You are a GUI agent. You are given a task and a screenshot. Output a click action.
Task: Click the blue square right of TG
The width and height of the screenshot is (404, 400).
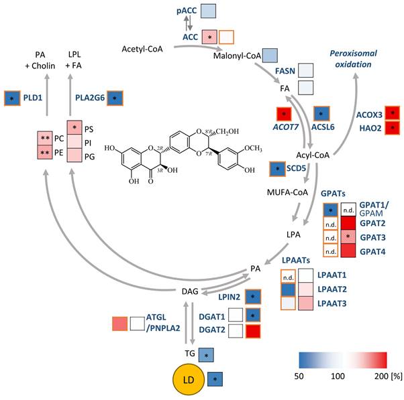[208, 354]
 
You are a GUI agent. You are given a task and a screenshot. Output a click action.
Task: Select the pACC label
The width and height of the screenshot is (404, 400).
[185, 11]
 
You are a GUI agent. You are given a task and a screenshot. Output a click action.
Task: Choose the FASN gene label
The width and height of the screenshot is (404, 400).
[266, 71]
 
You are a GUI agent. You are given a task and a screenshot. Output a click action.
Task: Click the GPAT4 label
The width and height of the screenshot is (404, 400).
[372, 249]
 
